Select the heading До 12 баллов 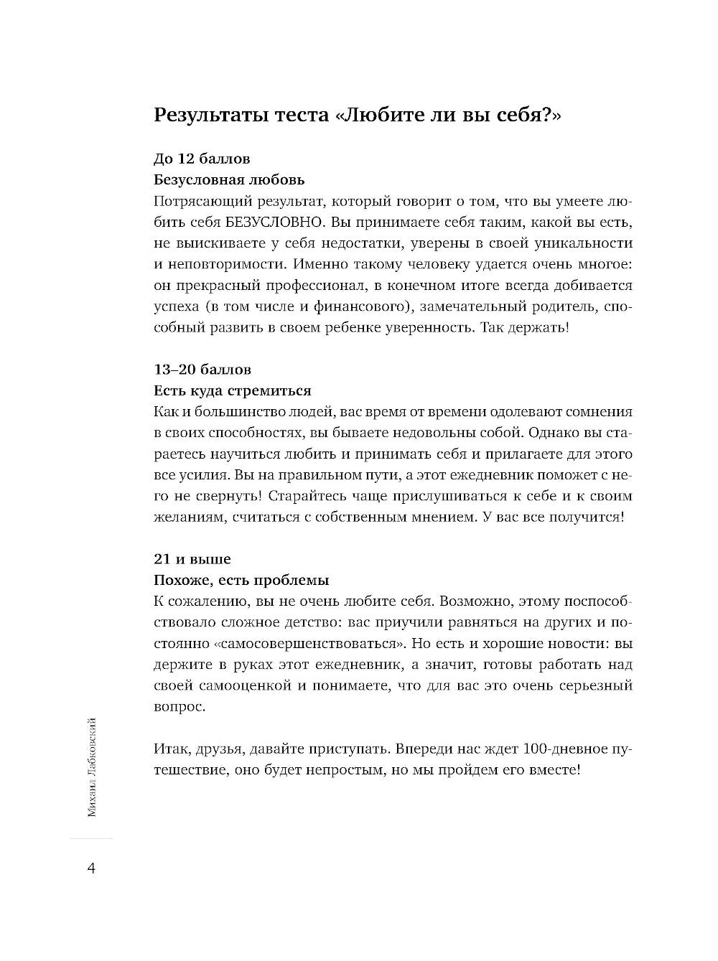click(202, 158)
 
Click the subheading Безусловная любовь click(230, 179)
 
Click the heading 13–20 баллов click(202, 370)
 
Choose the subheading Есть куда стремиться click(233, 391)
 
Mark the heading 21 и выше click(192, 558)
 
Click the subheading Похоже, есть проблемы click(241, 579)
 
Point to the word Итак click(169, 749)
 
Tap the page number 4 click(91, 868)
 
